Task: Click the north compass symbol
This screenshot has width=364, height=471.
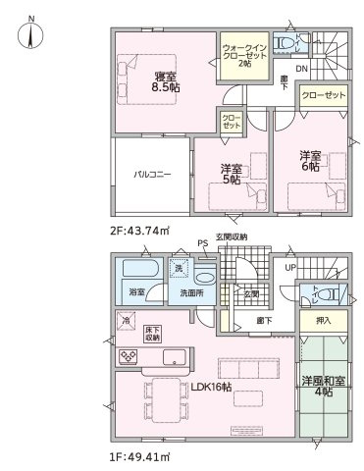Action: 30,35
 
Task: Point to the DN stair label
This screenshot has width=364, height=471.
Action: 302,68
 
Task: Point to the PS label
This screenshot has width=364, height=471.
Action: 202,243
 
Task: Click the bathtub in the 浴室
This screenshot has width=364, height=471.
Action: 134,269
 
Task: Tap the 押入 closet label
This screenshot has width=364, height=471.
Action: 323,319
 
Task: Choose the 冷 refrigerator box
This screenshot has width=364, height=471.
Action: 127,320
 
